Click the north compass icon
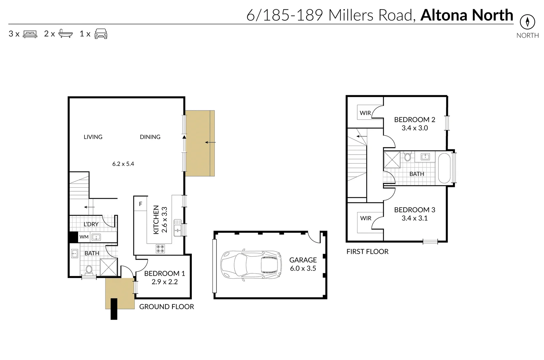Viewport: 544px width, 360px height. coord(527,22)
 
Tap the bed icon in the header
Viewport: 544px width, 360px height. coord(30,34)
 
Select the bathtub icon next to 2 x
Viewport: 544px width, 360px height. coord(65,34)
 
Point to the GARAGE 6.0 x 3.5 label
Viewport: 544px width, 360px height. coord(303,264)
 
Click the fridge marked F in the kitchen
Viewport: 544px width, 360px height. coord(140,204)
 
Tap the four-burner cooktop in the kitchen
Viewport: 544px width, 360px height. coord(160,249)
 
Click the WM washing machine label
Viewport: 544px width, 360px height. coord(84,237)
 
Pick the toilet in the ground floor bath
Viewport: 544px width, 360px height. coord(89,269)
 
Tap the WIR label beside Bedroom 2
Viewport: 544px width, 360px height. coord(365,113)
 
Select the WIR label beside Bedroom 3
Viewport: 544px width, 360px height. coord(366,218)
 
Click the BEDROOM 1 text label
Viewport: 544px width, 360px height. coord(164,273)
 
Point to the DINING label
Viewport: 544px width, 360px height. coord(150,137)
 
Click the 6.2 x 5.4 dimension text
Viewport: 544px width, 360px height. coord(123,164)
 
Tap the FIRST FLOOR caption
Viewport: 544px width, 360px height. coord(367,252)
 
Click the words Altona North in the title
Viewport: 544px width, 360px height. coord(466,15)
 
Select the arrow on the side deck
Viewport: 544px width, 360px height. coord(210,143)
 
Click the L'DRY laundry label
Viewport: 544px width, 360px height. coord(91,224)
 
